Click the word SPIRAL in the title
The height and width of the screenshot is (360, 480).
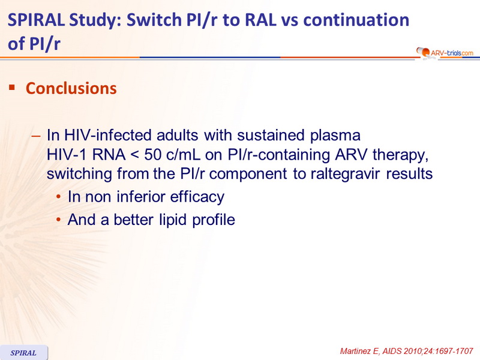point(36,20)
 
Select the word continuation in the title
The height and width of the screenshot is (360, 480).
point(356,20)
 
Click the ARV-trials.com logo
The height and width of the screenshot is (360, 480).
point(445,53)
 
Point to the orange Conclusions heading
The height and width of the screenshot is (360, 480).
point(71,88)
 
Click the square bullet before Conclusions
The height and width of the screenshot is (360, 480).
point(12,88)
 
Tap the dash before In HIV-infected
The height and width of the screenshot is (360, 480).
point(36,136)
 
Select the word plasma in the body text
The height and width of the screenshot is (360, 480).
point(335,136)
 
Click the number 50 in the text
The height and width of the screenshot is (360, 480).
point(153,155)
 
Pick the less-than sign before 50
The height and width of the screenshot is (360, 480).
point(134,155)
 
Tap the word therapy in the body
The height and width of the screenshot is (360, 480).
point(400,155)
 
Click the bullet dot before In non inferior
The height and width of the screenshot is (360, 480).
point(58,197)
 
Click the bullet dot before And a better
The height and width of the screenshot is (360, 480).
point(58,220)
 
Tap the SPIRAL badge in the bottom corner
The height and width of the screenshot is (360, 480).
point(23,353)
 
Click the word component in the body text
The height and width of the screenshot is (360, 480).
point(248,174)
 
